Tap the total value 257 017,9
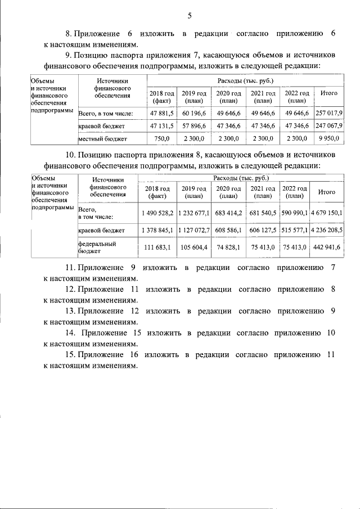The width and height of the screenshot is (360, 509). (329, 113)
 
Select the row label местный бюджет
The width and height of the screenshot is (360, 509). (102, 138)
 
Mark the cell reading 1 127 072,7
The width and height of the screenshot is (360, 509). (193, 230)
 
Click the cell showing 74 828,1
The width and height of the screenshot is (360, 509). (228, 247)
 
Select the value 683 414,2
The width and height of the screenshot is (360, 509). (228, 213)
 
